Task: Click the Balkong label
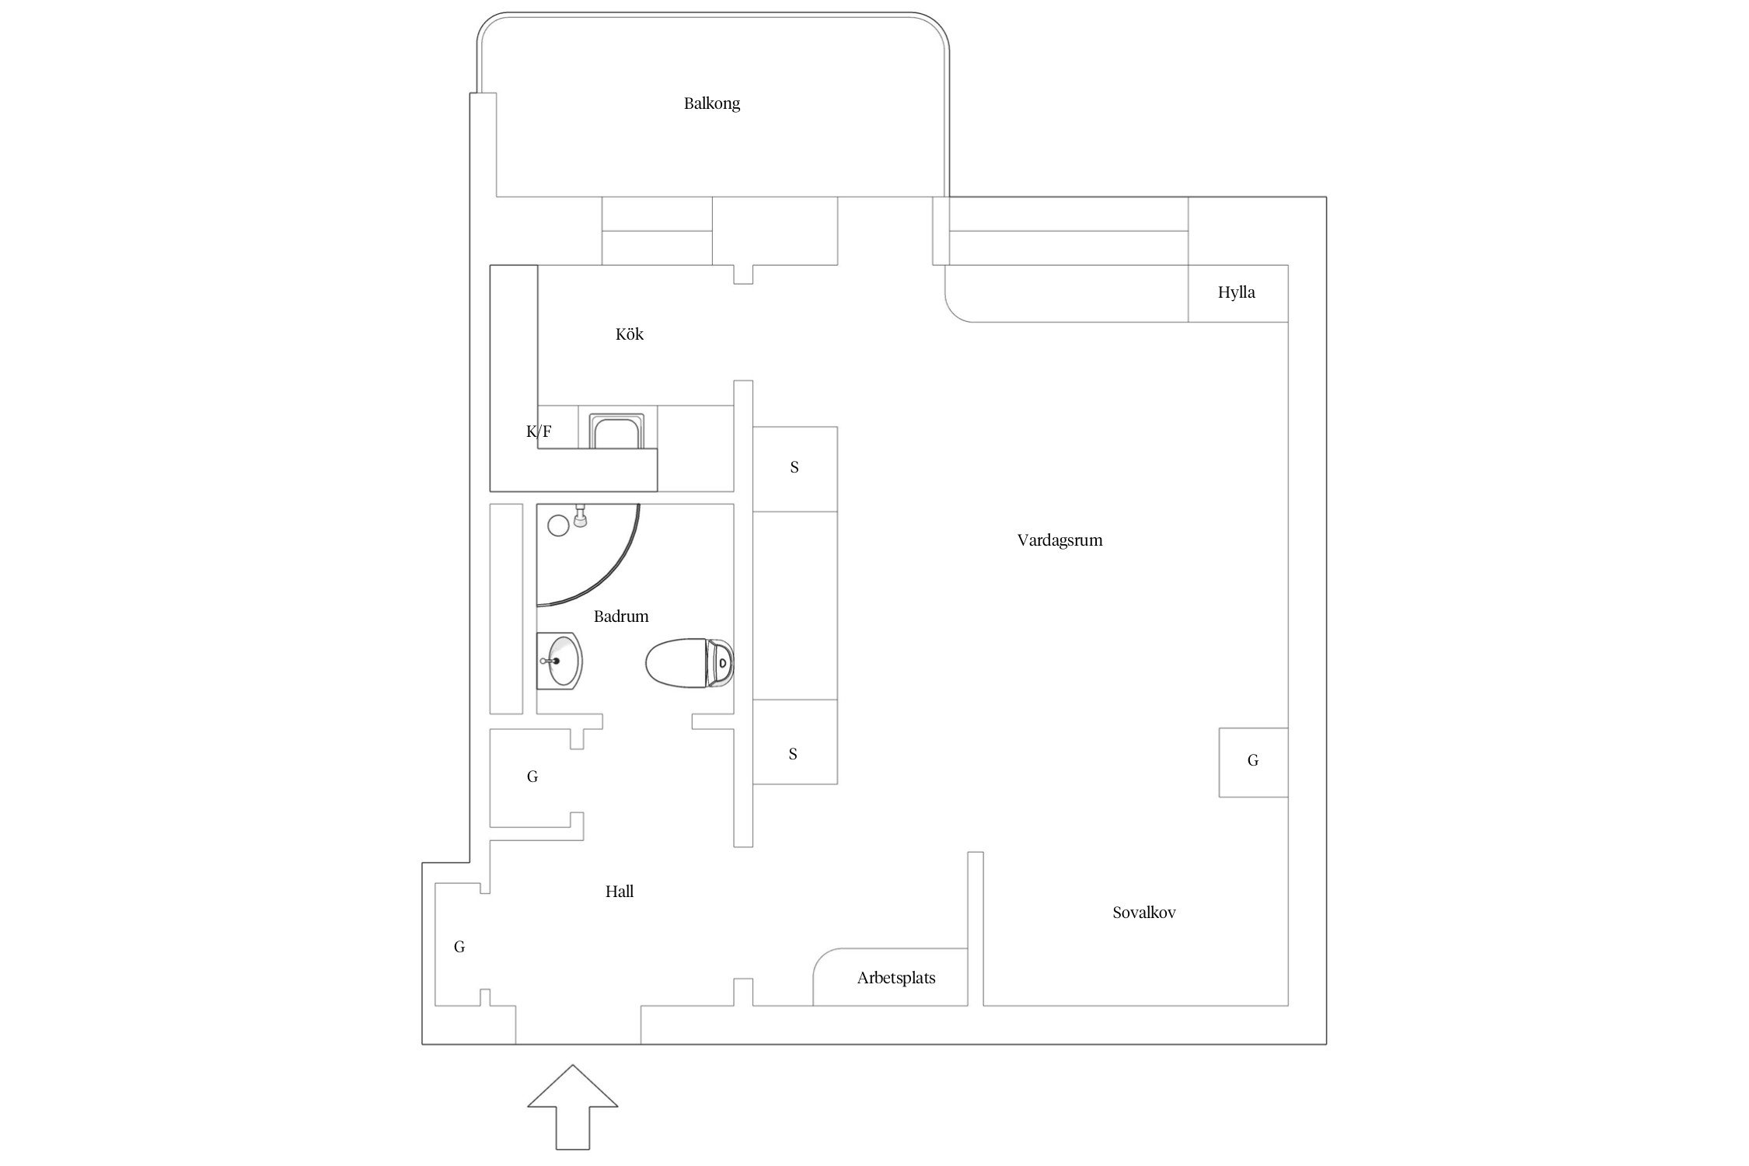pyautogui.click(x=711, y=103)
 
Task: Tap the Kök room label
pyautogui.click(x=630, y=333)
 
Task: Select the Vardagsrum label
pyautogui.click(x=1060, y=540)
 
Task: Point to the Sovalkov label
pyautogui.click(x=1143, y=913)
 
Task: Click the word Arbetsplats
pyautogui.click(x=896, y=979)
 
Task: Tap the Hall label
pyautogui.click(x=620, y=892)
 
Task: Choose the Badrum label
pyautogui.click(x=621, y=616)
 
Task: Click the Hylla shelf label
pyautogui.click(x=1237, y=293)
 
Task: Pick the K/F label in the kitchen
pyautogui.click(x=539, y=431)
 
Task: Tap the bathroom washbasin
pyautogui.click(x=559, y=661)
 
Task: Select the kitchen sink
pyautogui.click(x=617, y=431)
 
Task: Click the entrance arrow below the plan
pyautogui.click(x=573, y=1107)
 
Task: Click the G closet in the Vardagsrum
pyautogui.click(x=1253, y=762)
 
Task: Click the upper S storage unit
pyautogui.click(x=794, y=469)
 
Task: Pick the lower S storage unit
pyautogui.click(x=794, y=742)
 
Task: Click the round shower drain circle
pyautogui.click(x=558, y=525)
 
